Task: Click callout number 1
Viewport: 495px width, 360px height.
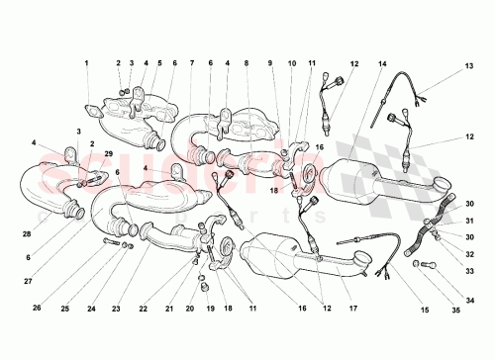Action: (86, 64)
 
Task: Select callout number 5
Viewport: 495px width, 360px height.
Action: (158, 64)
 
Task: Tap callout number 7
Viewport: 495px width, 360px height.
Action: (191, 64)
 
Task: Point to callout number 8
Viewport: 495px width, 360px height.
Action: (247, 64)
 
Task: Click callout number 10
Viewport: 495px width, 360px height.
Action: (292, 64)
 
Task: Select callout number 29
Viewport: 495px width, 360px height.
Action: (110, 155)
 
